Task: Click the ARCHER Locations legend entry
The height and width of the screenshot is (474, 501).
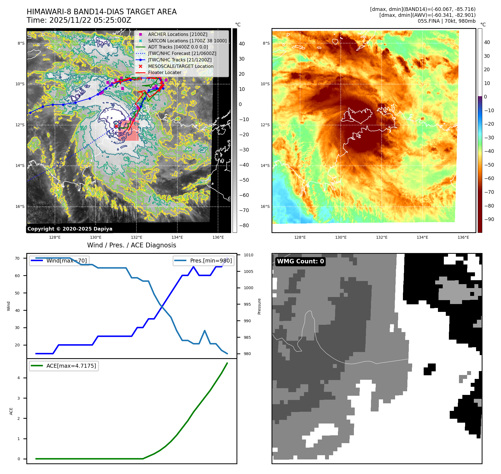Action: tap(178, 34)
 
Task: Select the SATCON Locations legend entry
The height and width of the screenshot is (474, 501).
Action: tap(187, 41)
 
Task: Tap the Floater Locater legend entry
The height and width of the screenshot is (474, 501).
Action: tap(164, 72)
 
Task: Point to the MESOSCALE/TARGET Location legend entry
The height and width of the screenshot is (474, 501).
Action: tap(180, 66)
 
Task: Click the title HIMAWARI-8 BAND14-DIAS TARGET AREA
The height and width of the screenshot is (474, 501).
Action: tap(101, 12)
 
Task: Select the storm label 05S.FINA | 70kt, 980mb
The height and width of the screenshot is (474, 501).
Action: tap(446, 21)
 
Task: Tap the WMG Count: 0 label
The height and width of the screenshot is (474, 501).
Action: tap(300, 261)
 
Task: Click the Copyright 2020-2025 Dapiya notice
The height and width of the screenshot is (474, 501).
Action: tap(70, 229)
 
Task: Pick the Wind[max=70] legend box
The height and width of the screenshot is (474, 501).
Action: tap(59, 261)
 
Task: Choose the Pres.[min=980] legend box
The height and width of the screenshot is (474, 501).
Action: tap(203, 261)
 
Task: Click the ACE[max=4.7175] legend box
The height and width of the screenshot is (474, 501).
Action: tap(64, 366)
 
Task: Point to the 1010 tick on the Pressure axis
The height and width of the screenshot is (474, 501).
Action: tap(248, 255)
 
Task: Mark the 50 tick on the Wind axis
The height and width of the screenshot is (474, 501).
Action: tap(17, 293)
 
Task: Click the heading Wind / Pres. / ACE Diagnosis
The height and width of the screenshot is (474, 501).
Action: tap(131, 245)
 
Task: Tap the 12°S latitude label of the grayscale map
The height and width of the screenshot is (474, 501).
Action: tap(20, 125)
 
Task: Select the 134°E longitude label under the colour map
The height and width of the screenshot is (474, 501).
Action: tap(422, 237)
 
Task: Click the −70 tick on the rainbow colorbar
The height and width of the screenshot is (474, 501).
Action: tap(489, 192)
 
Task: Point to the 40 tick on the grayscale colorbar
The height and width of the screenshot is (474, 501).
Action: tap(242, 44)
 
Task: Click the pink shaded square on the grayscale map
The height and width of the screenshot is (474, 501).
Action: tap(129, 131)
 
